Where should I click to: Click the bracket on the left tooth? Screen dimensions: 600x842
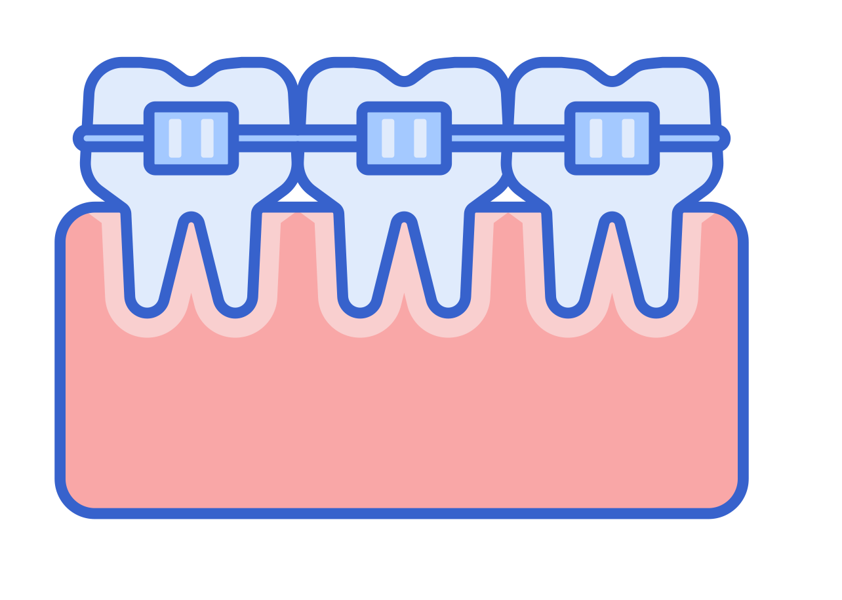pyautogui.click(x=191, y=138)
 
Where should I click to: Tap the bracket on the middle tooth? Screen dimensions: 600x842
pyautogui.click(x=404, y=138)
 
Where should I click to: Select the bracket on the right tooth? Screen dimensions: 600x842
pyautogui.click(x=612, y=138)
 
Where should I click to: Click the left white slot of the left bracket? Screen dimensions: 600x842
pyautogui.click(x=175, y=138)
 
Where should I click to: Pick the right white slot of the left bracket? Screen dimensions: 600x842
pyautogui.click(x=207, y=138)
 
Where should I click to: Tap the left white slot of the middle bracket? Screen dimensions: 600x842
pyautogui.click(x=388, y=138)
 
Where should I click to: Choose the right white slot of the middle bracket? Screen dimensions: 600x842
pyautogui.click(x=420, y=138)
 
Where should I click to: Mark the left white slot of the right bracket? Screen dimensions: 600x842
pyautogui.click(x=596, y=138)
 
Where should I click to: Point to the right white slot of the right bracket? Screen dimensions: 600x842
pyautogui.click(x=628, y=138)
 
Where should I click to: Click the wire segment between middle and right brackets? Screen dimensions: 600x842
pyautogui.click(x=508, y=138)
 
